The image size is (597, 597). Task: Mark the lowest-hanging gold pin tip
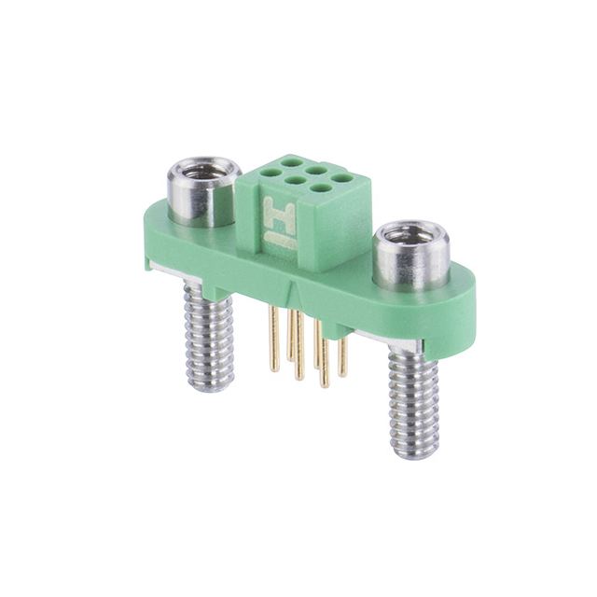tap(325, 383)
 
